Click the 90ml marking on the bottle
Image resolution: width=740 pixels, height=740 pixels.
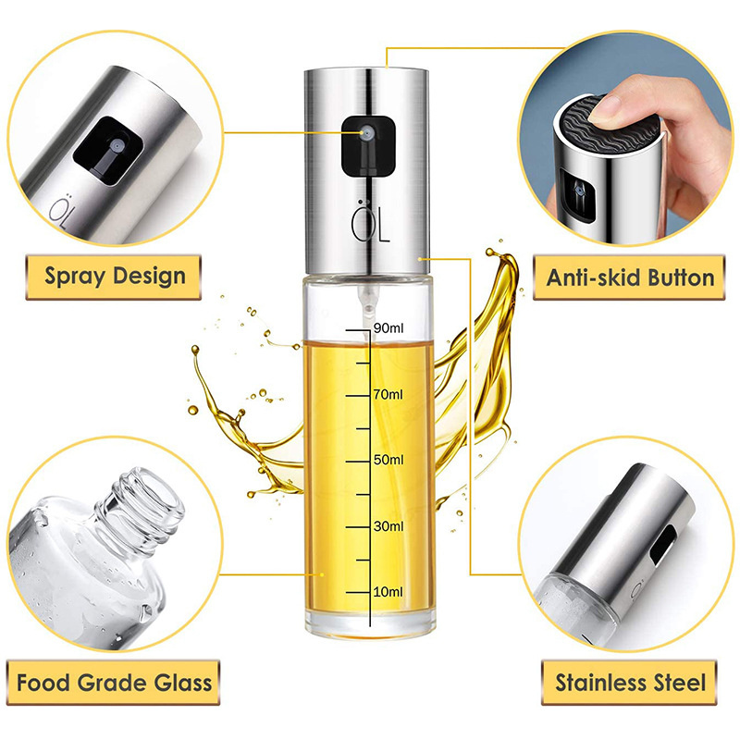pos(388,328)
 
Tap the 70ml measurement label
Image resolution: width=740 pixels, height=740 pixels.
pos(388,394)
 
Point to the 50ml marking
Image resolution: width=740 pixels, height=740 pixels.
pos(388,460)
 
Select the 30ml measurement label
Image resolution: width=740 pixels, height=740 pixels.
pos(388,525)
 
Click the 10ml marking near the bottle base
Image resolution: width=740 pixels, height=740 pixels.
pos(388,592)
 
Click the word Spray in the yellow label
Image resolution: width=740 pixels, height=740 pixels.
pos(75,277)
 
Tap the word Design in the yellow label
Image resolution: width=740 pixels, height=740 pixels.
pos(149,275)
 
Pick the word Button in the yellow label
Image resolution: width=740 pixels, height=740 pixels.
pos(681,277)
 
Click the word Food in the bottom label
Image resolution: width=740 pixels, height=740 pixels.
pos(43,683)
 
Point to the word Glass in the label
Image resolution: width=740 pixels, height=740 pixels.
pos(182,683)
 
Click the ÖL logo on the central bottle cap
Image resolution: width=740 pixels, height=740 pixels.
pos(371,221)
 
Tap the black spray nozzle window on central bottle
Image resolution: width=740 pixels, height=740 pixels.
pos(368,146)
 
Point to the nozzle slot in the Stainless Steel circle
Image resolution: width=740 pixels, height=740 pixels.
pos(662,546)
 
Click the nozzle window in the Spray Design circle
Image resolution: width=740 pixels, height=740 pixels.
pos(108,151)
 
